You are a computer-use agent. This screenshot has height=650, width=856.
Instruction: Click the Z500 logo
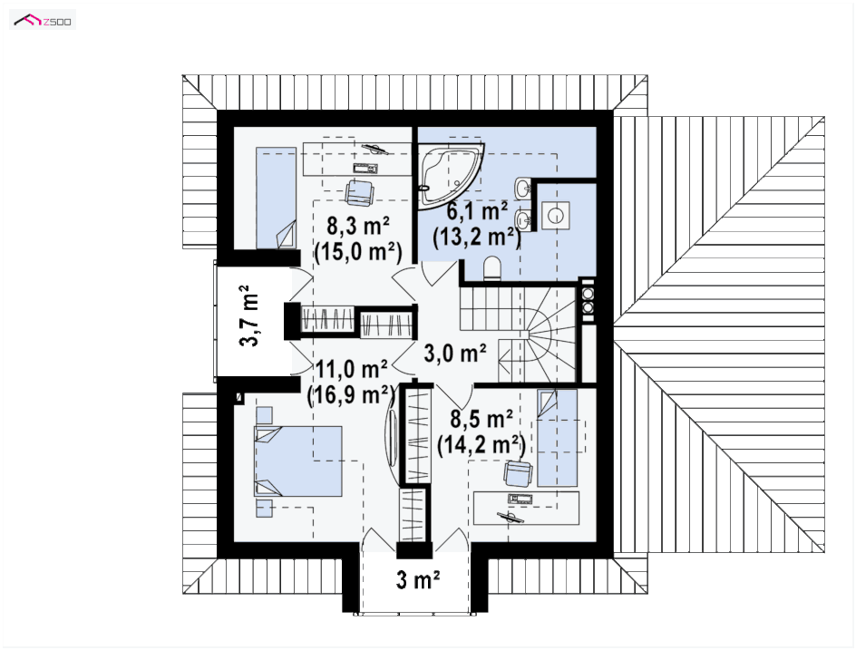pos(43,21)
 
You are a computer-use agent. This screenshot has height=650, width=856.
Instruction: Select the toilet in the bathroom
pos(491,267)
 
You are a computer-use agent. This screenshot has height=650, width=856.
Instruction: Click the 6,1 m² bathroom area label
pos(477,210)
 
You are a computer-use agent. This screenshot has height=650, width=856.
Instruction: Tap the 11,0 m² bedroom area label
pos(352,369)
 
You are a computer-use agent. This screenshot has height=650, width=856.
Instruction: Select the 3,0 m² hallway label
pos(455,354)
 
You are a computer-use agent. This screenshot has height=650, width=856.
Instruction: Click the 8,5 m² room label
pos(481,419)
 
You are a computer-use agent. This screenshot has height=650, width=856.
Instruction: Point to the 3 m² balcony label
pos(418,579)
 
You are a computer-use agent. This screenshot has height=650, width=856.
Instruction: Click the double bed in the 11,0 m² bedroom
pos(298,461)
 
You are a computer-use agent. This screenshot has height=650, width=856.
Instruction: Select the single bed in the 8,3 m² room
pos(277,198)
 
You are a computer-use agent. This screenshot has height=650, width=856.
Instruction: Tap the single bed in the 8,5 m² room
pos(557,437)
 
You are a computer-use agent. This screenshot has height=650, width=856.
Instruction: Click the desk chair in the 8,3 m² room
pos(360,193)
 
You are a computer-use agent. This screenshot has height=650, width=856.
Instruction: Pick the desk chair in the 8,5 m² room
pos(518,472)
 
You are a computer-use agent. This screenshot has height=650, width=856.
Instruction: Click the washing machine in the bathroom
pos(556,216)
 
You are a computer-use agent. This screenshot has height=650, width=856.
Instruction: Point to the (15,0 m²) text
pos(358,252)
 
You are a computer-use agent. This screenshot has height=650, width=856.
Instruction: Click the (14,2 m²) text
pos(481,445)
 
